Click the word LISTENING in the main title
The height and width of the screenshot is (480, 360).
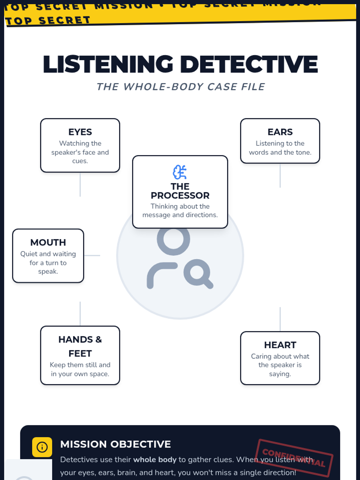(108, 64)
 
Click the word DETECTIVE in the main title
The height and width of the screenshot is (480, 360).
(249, 64)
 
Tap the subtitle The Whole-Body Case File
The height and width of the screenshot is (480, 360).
(181, 87)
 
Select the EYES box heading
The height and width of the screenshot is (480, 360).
(80, 132)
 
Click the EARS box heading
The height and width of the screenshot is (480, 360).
(280, 132)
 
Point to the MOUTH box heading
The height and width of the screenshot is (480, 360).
(48, 242)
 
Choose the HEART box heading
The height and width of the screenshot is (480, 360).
(280, 345)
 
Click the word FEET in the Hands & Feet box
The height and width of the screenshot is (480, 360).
(80, 353)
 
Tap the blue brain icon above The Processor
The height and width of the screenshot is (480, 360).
(180, 172)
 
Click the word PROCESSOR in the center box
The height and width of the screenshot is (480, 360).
(180, 196)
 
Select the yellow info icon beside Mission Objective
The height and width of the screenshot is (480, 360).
(42, 447)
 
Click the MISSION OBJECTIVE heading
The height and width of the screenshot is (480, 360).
(115, 444)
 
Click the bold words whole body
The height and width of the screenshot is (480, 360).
(155, 460)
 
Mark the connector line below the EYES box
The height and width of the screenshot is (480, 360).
(80, 184)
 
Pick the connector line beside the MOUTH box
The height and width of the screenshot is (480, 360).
(92, 255)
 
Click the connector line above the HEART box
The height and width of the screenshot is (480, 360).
(280, 319)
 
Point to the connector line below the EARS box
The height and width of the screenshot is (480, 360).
(280, 175)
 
